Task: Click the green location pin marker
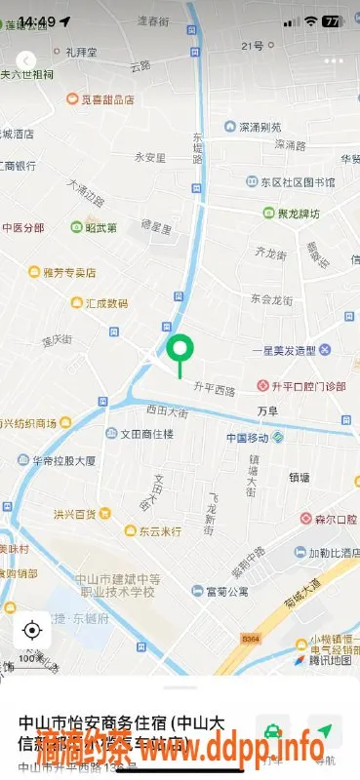click(x=180, y=351)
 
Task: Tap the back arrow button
click(x=27, y=59)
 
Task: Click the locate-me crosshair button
click(x=31, y=630)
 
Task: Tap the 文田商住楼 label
click(x=140, y=433)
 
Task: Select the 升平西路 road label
click(x=215, y=391)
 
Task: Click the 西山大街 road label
click(x=166, y=411)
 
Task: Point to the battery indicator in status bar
click(x=332, y=20)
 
